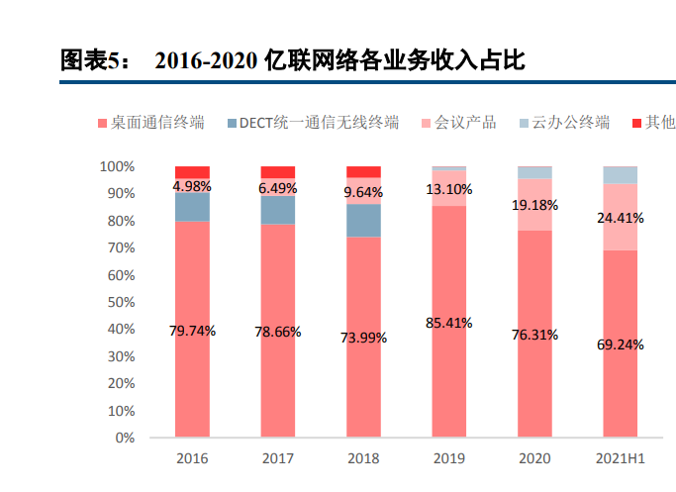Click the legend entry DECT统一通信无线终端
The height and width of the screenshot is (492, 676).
click(312, 123)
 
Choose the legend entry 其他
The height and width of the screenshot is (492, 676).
click(652, 123)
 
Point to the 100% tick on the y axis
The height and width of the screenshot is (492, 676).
click(118, 166)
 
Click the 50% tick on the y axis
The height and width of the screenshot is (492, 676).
click(121, 302)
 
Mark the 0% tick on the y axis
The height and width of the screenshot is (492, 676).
click(125, 437)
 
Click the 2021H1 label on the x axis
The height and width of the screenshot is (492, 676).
click(621, 459)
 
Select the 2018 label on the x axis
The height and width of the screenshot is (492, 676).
click(363, 459)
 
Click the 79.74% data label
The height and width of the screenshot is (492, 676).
click(192, 329)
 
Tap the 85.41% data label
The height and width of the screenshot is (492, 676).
click(448, 322)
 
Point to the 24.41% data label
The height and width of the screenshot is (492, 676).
click(621, 218)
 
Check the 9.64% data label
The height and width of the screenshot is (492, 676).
click(363, 192)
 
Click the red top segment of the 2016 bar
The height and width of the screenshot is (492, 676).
click(192, 172)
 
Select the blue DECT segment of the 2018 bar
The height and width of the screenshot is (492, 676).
click(363, 220)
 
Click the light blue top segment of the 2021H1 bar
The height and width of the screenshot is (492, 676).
click(621, 175)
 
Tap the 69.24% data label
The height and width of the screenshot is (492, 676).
click(621, 344)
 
